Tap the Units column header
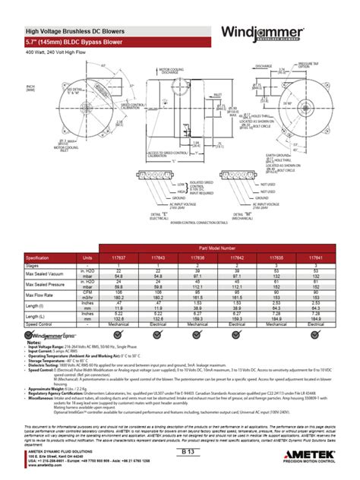click(x=88, y=257)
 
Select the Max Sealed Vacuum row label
click(x=43, y=272)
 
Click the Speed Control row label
click(x=38, y=324)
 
